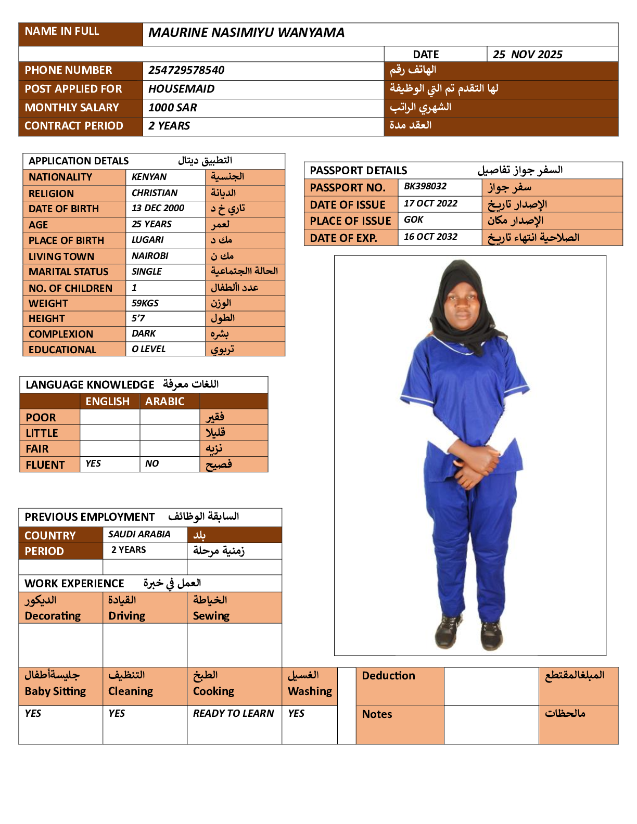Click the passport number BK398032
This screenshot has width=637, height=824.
coord(425,186)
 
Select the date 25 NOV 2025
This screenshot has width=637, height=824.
coord(527,55)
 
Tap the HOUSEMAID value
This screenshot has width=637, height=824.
coord(181,89)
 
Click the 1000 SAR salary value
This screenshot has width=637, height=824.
coord(172,108)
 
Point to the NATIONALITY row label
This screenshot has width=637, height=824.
coord(60,177)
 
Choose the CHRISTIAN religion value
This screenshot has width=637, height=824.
coord(154,193)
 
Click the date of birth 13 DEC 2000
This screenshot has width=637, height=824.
coord(158,208)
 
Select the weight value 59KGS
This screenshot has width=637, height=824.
coord(145,303)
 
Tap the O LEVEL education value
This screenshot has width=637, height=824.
coord(148,349)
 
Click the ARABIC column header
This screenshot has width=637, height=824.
coord(164,402)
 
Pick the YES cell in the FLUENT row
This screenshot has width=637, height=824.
coord(93,463)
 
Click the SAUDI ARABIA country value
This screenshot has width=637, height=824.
coord(139,534)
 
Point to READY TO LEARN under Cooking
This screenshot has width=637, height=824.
coord(233,713)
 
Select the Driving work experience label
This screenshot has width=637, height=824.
coord(126,616)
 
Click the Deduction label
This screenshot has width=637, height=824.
coord(388,676)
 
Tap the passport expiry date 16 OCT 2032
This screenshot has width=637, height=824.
coord(430,237)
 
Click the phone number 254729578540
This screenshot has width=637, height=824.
coord(186,70)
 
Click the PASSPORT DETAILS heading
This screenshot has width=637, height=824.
coord(358,171)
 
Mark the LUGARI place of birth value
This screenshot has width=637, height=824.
coord(147,240)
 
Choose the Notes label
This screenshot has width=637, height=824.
coord(377,714)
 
